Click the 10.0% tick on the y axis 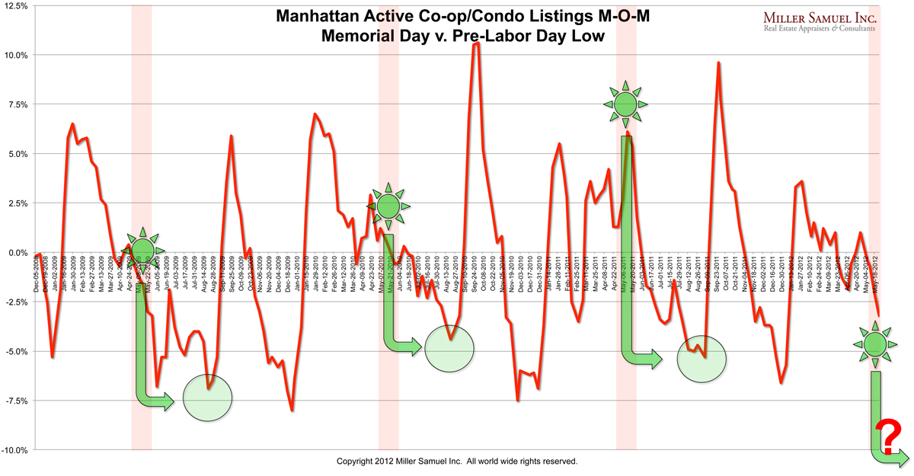pyautogui.click(x=15, y=55)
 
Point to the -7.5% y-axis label pyautogui.click(x=15, y=401)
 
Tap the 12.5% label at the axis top pyautogui.click(x=15, y=6)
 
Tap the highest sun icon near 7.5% pyautogui.click(x=625, y=102)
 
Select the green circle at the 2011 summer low pyautogui.click(x=701, y=359)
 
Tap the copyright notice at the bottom pyautogui.click(x=457, y=462)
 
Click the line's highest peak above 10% pyautogui.click(x=476, y=44)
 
